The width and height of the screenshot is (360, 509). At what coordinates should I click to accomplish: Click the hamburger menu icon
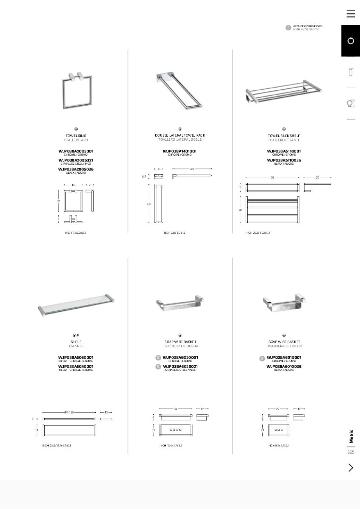(350, 14)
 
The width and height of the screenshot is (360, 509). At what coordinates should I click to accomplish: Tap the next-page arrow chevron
(350, 468)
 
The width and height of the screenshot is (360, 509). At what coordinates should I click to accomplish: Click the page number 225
(350, 452)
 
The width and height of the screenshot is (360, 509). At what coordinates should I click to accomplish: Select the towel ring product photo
(76, 91)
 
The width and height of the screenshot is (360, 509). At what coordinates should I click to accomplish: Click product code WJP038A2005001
(76, 151)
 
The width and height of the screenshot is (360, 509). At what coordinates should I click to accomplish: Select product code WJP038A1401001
(180, 151)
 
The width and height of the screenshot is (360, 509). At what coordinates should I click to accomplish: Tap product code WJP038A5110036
(284, 160)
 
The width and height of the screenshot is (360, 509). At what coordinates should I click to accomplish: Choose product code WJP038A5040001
(76, 366)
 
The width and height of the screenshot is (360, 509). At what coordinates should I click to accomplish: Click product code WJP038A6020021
(180, 367)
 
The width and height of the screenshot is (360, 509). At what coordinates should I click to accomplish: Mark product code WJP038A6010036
(284, 367)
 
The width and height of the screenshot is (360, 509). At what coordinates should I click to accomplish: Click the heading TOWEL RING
(76, 136)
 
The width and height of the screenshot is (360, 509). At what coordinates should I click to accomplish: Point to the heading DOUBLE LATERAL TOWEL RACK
(180, 135)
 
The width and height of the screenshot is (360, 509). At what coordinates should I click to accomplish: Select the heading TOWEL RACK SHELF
(284, 136)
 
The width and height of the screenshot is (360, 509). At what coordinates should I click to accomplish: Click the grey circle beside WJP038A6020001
(158, 358)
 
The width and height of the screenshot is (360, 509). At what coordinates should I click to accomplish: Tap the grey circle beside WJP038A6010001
(262, 359)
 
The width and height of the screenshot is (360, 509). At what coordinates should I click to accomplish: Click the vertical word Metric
(351, 436)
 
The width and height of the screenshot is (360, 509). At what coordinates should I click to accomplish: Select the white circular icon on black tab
(350, 41)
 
